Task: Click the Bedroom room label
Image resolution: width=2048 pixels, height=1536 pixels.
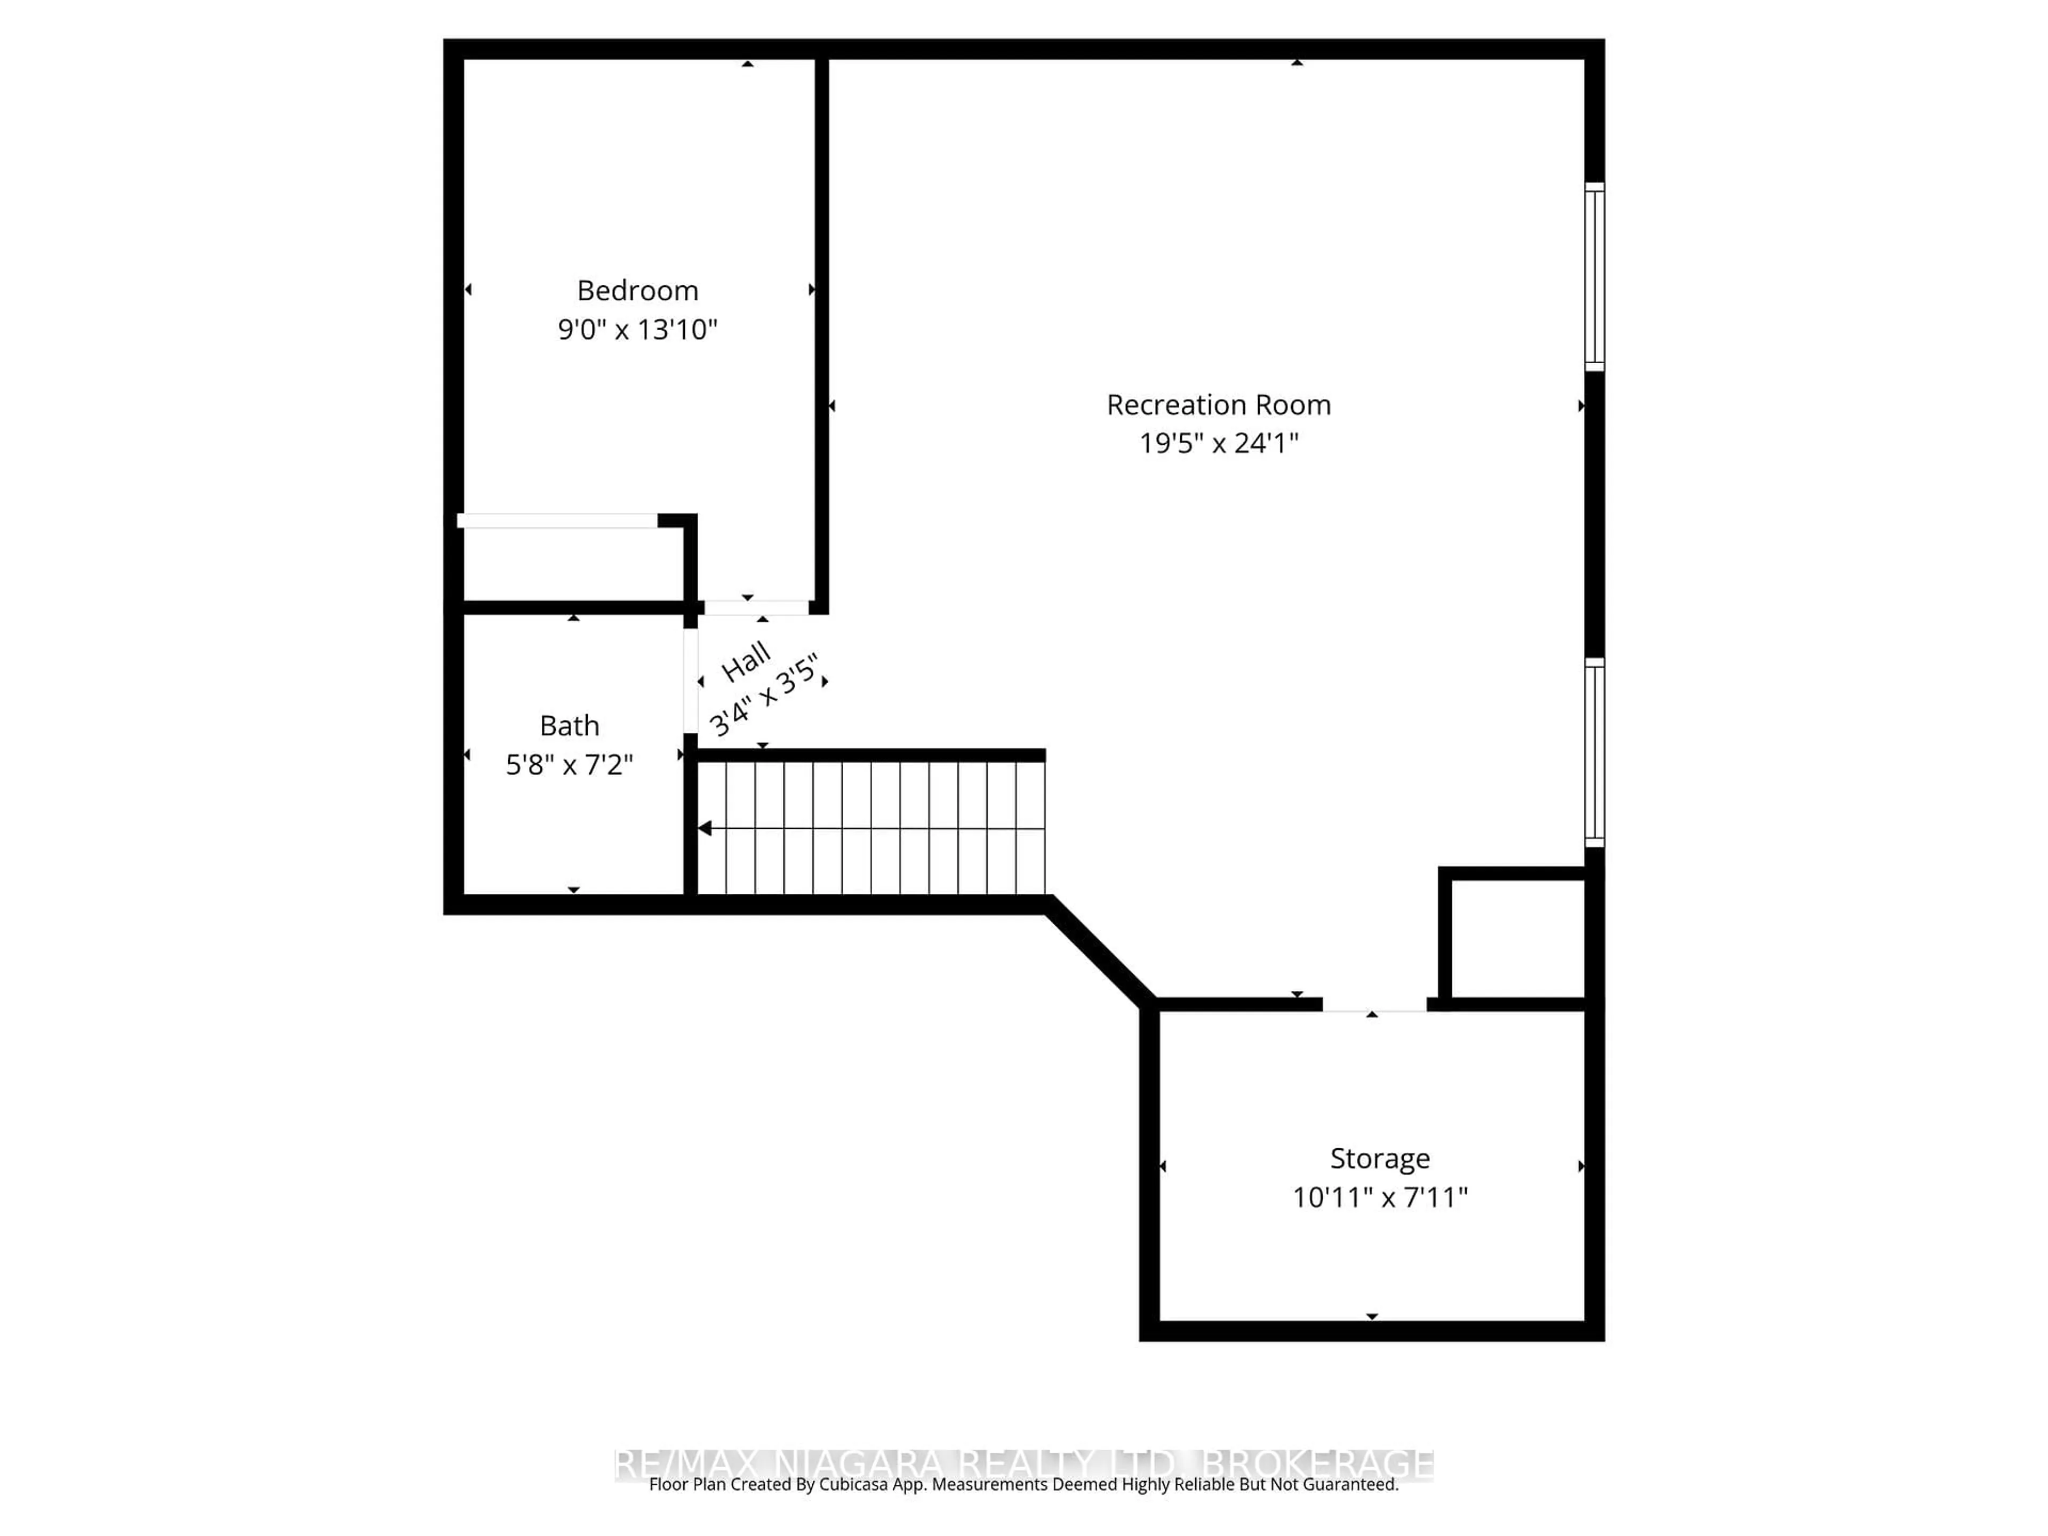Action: coord(637,291)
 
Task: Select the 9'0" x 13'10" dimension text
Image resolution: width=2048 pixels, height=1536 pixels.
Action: coord(637,330)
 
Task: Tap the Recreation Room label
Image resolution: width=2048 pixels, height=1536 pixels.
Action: coord(1219,405)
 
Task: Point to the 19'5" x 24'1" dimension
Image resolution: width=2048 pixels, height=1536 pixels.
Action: coord(1219,444)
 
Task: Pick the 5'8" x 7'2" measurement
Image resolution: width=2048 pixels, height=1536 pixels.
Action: coord(570,765)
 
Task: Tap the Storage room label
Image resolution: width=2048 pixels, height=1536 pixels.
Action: coord(1380,1158)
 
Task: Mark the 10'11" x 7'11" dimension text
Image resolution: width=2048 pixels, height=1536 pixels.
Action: coord(1380,1198)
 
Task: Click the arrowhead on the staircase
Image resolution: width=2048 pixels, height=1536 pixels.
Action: coord(705,828)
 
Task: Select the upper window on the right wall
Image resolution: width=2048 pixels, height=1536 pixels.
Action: coord(1594,277)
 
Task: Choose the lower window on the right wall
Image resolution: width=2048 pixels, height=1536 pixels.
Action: coord(1594,752)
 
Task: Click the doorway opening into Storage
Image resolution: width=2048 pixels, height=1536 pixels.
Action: coord(1374,1005)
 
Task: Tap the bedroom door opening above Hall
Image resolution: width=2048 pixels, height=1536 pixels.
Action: coord(756,607)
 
